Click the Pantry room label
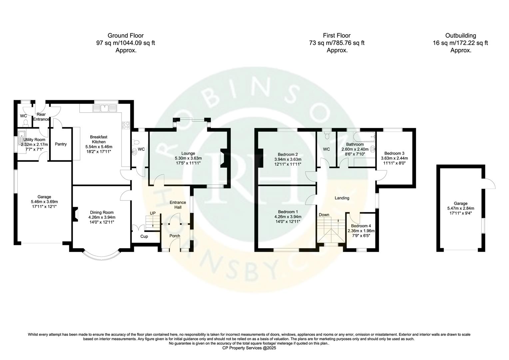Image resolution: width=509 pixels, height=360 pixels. (x=61, y=144)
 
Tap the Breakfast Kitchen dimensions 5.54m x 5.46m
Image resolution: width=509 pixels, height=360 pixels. (x=99, y=147)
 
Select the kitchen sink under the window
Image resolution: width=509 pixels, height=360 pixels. (x=106, y=108)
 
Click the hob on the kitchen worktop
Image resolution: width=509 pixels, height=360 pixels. (x=126, y=125)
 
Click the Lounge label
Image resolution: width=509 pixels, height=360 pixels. (x=188, y=153)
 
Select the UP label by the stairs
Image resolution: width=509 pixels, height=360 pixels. (x=153, y=213)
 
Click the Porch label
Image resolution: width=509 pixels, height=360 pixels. (x=175, y=236)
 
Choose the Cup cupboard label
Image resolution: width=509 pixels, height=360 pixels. (x=144, y=236)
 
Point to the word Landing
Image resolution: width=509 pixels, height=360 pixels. (x=342, y=198)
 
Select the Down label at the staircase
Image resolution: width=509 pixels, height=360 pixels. (x=324, y=215)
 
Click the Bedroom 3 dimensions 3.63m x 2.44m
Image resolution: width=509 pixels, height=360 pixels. (x=394, y=158)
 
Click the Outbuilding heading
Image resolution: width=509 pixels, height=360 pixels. (x=461, y=35)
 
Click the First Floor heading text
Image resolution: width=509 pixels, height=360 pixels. (x=336, y=35)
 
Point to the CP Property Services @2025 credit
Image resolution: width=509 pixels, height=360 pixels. (x=249, y=348)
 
